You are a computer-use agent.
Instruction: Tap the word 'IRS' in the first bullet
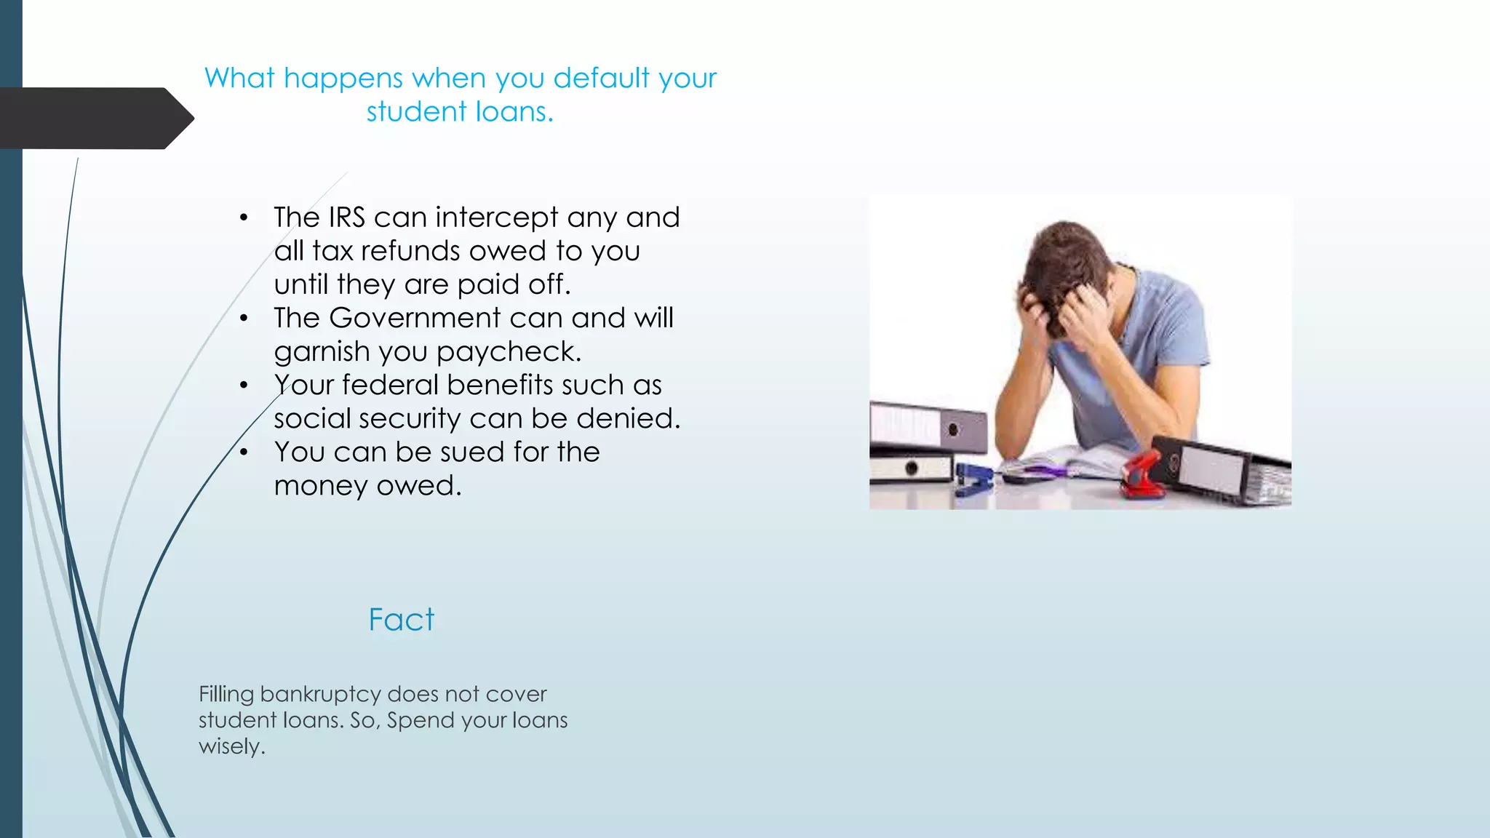click(346, 218)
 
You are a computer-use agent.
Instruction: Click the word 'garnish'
click(322, 352)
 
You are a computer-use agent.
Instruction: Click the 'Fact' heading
click(401, 620)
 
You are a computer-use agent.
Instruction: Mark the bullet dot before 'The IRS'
click(244, 218)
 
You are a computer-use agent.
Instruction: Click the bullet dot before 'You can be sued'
click(244, 452)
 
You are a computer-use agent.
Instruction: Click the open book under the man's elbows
click(1055, 466)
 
